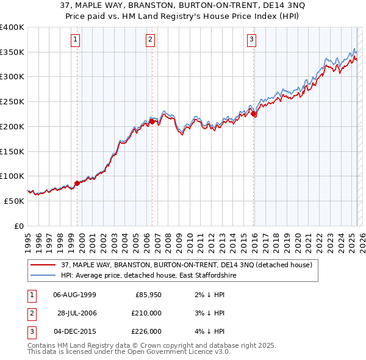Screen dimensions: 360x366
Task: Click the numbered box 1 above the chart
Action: [x=76, y=40]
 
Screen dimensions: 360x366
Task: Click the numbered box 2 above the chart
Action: [x=150, y=40]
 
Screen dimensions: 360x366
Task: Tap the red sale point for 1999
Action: [x=77, y=182]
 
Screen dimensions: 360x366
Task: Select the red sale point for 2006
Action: [x=152, y=121]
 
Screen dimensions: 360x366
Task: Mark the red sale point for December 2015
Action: [x=253, y=113]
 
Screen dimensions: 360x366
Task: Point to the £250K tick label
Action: [x=12, y=102]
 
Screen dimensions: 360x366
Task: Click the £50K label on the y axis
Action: [x=14, y=201]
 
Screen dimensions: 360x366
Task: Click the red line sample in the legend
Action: [x=43, y=265]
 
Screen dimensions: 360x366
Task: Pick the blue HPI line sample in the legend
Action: [x=43, y=276]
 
